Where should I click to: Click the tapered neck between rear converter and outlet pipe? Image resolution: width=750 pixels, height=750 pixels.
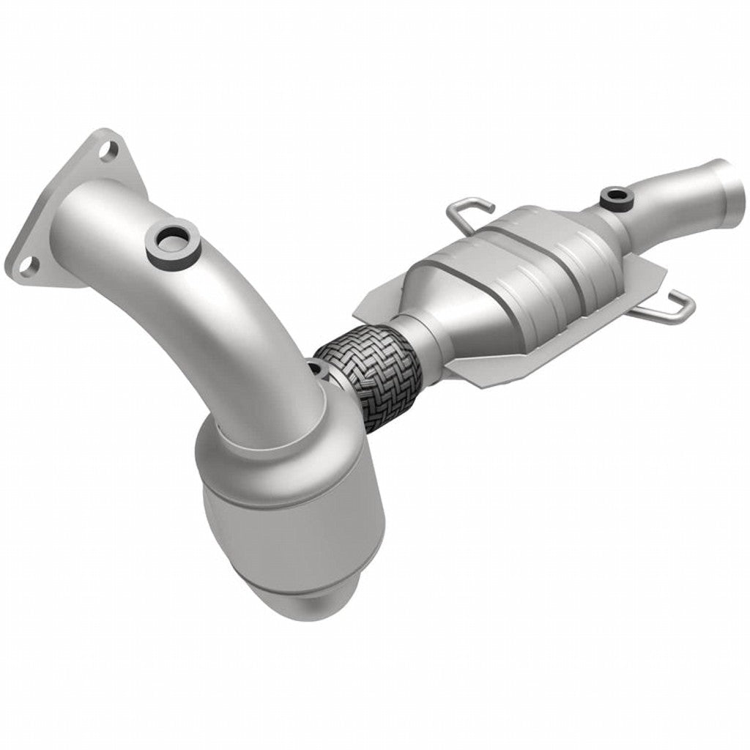click(x=623, y=220)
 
